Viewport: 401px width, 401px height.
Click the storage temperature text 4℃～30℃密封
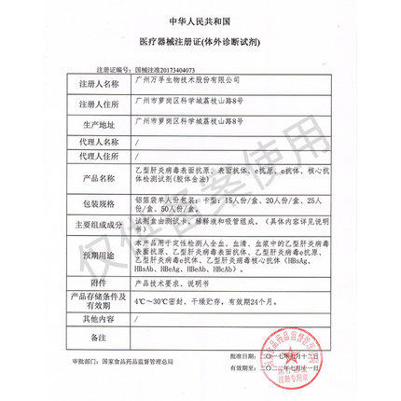pyautogui.click(x=162, y=301)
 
